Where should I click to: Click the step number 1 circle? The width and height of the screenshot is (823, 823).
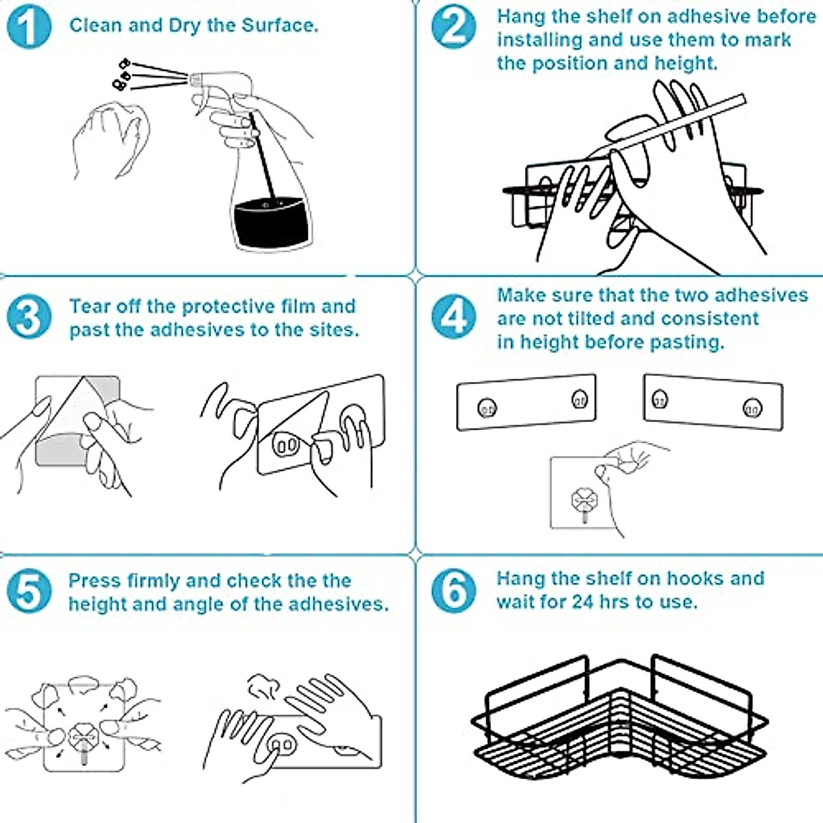[29, 27]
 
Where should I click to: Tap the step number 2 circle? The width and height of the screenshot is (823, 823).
[453, 27]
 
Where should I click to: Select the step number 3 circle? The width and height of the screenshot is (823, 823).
[29, 317]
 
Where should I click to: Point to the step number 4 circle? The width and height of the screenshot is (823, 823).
[453, 317]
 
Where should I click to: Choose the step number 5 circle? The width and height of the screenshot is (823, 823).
[29, 591]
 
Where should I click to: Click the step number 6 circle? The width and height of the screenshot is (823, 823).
[453, 591]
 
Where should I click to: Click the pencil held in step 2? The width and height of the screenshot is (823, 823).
[667, 126]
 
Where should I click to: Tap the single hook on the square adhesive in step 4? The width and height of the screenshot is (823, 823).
[584, 503]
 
